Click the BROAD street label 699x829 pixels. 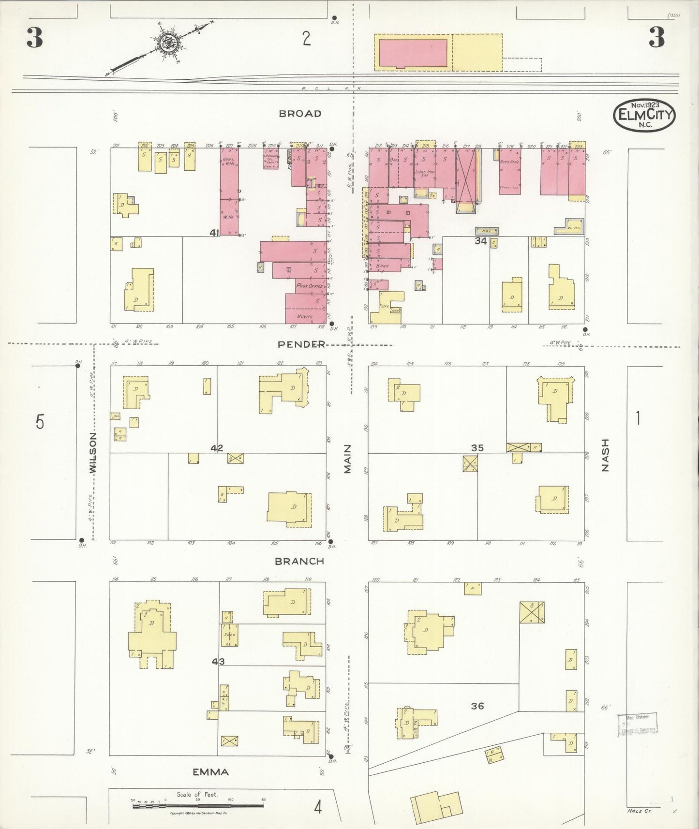tap(300, 114)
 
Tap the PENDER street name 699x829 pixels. tap(301, 344)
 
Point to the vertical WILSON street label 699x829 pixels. tap(93, 452)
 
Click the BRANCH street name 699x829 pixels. tap(299, 561)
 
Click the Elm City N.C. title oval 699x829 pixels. tap(644, 115)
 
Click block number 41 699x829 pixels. tap(214, 233)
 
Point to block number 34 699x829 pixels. tap(480, 240)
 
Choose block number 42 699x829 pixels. tap(217, 448)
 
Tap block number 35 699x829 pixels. tap(477, 448)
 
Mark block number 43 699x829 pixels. tap(218, 661)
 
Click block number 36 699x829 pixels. tap(477, 706)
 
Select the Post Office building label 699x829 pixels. tap(309, 286)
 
